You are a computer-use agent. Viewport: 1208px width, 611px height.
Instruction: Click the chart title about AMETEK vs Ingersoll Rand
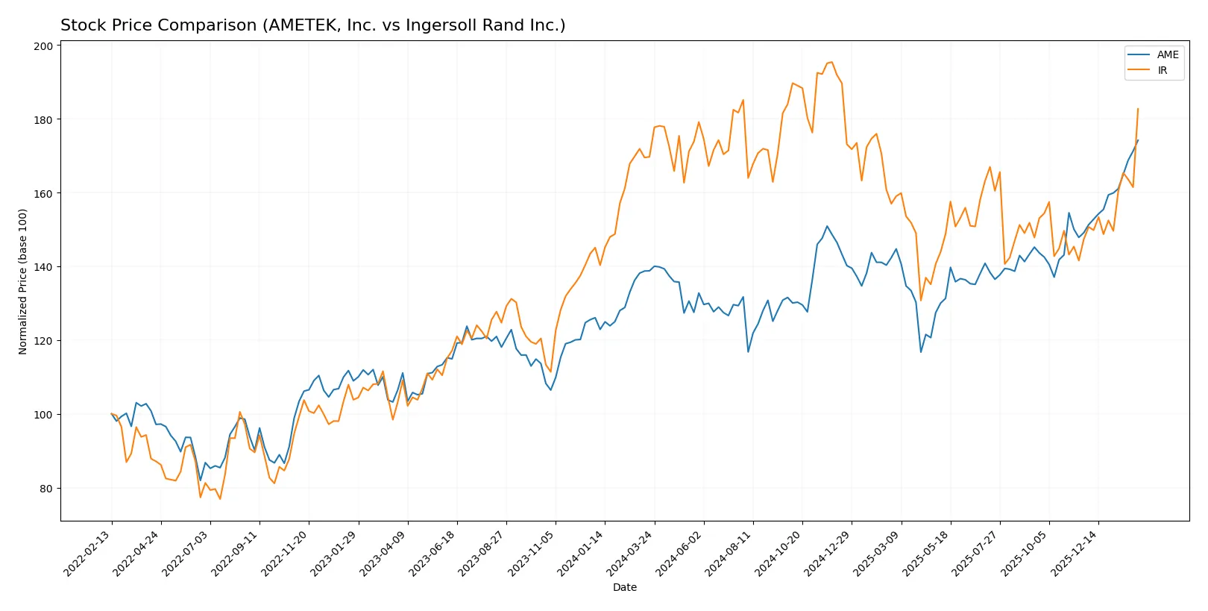[312, 25]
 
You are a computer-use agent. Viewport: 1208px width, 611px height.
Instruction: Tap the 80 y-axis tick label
[45, 489]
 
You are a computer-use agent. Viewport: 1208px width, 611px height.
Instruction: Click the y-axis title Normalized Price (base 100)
[23, 281]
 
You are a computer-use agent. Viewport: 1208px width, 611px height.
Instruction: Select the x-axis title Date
[624, 588]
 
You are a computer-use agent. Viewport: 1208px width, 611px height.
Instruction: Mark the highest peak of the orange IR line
[831, 62]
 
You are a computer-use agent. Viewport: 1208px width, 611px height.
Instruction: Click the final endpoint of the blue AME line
[1138, 140]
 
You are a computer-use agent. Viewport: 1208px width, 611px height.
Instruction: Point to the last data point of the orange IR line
[1138, 109]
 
